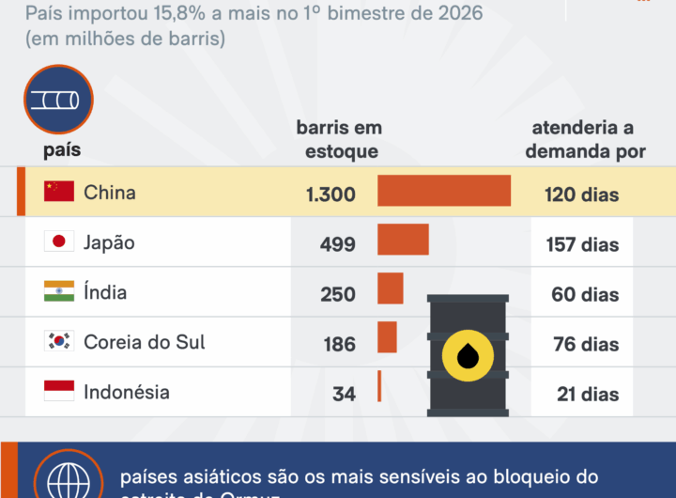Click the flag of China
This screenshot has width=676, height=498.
point(59,192)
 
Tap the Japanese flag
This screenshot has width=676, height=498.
point(59,241)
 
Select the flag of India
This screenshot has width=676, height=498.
point(59,291)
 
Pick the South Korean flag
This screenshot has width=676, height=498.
point(59,341)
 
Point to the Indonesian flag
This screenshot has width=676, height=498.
point(59,391)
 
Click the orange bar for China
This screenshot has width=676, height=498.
point(444,191)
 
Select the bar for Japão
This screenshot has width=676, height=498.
point(403,240)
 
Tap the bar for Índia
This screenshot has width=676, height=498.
point(390,288)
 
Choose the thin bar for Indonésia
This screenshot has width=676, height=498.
point(379,386)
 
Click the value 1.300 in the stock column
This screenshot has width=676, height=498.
point(330,195)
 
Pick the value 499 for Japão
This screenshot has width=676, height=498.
point(338,244)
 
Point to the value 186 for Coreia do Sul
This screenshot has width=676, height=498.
point(339,344)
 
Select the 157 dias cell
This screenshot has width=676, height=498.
point(582,244)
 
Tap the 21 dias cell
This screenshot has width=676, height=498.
point(588,394)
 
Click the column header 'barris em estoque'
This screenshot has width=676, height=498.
point(339,139)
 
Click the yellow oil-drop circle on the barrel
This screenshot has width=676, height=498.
point(469,355)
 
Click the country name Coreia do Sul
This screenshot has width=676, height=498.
point(145,341)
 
